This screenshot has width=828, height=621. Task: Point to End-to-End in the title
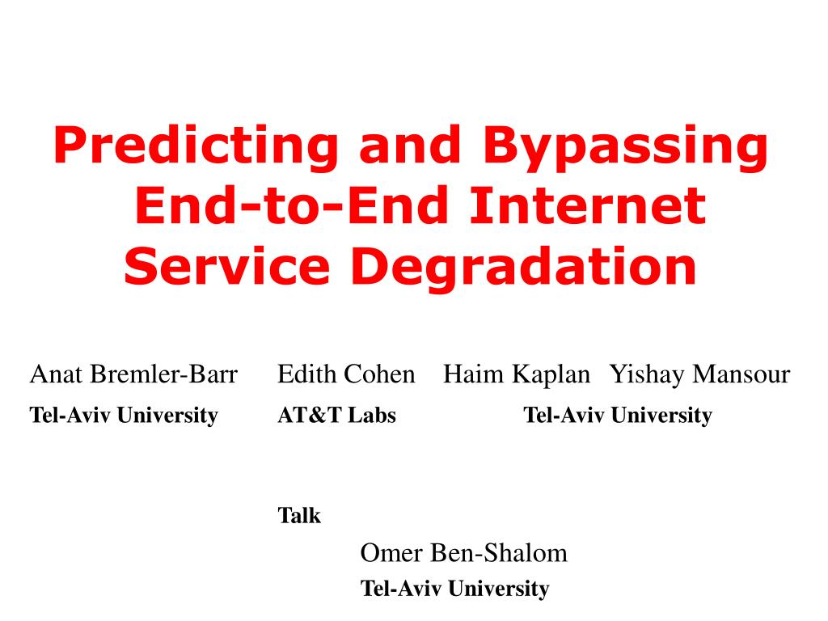coord(292,205)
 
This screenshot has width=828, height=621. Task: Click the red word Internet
coord(588,205)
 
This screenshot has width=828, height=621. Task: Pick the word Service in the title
coord(227,266)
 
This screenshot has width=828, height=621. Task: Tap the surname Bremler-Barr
coord(164,374)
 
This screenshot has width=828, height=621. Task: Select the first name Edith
coord(306,374)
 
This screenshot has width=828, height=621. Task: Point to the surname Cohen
coord(380,374)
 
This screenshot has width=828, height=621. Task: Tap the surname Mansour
coord(742,374)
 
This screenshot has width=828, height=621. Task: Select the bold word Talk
coord(299,515)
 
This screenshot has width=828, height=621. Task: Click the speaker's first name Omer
coord(391,553)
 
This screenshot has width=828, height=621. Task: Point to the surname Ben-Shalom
coord(499,553)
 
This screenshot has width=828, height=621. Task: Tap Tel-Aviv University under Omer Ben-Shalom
coord(454,589)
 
